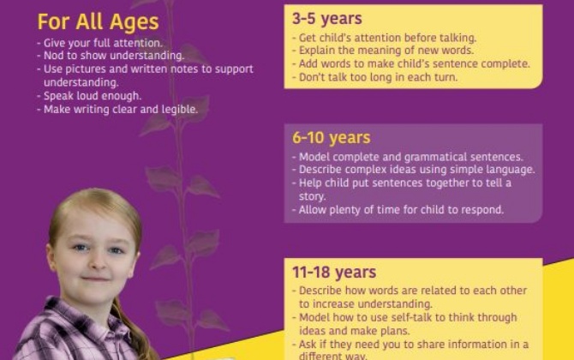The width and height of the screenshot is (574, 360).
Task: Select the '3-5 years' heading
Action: tap(327, 18)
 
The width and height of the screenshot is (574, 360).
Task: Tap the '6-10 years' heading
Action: tap(332, 137)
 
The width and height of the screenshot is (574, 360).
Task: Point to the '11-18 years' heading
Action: tap(334, 273)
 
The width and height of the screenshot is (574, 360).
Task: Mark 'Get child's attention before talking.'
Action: tap(386, 39)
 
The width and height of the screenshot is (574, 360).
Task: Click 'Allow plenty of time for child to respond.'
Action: tap(401, 209)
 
